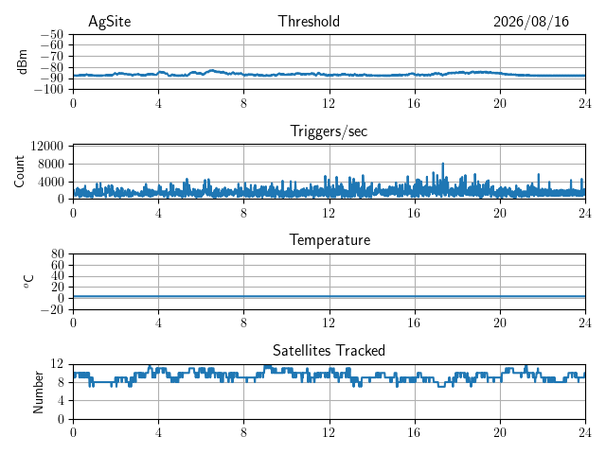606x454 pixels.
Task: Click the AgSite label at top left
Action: pyautogui.click(x=110, y=22)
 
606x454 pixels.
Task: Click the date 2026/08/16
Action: pyautogui.click(x=531, y=22)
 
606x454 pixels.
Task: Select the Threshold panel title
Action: pyautogui.click(x=309, y=21)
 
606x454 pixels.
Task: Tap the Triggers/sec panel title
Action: pyautogui.click(x=329, y=131)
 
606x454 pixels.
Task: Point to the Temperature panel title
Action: pyautogui.click(x=330, y=240)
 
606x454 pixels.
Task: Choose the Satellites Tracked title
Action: pyautogui.click(x=329, y=351)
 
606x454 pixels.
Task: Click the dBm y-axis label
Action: pyautogui.click(x=22, y=61)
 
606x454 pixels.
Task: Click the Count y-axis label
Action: pyautogui.click(x=19, y=172)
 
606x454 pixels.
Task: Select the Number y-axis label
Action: pyautogui.click(x=38, y=393)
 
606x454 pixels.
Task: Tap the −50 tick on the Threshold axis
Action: pyautogui.click(x=52, y=35)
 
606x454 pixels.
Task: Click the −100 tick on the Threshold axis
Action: pyautogui.click(x=48, y=90)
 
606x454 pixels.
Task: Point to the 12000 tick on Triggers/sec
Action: pyautogui.click(x=46, y=146)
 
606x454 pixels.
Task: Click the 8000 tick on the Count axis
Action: pyautogui.click(x=50, y=164)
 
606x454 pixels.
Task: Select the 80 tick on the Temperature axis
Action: pyautogui.click(x=57, y=254)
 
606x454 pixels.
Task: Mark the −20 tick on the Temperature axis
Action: pyautogui.click(x=52, y=309)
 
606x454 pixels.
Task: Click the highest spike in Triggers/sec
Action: pyautogui.click(x=443, y=164)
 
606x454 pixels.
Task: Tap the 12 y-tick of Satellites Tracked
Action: pyautogui.click(x=57, y=363)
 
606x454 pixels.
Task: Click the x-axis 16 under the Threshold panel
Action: pyautogui.click(x=414, y=103)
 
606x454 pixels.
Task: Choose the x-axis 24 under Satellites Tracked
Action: pyautogui.click(x=585, y=433)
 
